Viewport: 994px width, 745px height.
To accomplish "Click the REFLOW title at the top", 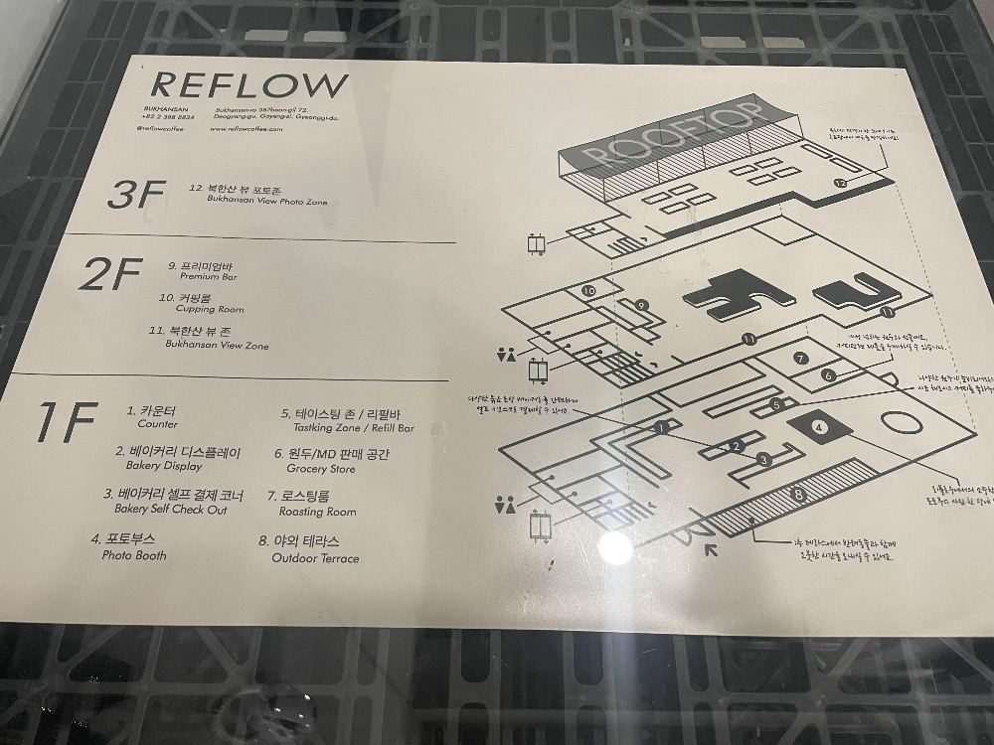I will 251,84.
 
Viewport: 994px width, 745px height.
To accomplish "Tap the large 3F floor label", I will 134,194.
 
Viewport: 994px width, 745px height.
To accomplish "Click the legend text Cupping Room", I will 202,309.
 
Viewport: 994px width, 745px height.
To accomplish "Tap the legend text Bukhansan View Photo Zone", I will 266,201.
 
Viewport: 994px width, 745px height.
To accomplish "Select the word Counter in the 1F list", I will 158,423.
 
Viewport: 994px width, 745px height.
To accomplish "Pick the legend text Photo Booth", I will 134,555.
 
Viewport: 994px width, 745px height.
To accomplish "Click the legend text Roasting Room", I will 311,513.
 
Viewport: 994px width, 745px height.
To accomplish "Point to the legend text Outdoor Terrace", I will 315,558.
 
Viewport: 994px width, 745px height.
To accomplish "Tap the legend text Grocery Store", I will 320,468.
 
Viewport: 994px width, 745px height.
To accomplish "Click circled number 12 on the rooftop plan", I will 841,183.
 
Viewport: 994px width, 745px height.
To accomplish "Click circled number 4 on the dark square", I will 819,427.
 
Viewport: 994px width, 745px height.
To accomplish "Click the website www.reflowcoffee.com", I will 253,128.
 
